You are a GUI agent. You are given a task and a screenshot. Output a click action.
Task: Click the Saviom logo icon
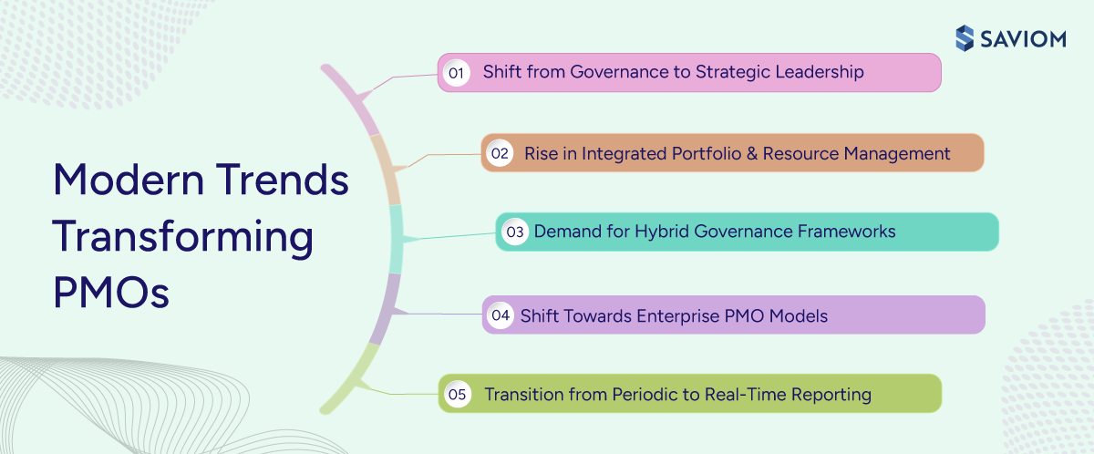965,37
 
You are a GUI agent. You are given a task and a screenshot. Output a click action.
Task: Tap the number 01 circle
456,72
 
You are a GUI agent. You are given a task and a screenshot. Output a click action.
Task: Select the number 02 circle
500,153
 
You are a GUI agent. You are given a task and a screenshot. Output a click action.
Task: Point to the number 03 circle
515,232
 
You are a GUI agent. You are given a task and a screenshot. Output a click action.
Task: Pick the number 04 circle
501,315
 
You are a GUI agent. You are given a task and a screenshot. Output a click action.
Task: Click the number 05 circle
457,395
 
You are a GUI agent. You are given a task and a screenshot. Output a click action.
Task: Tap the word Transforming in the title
182,237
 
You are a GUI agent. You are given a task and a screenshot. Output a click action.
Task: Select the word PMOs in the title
111,294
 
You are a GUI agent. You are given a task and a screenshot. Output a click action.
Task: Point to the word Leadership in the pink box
819,72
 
